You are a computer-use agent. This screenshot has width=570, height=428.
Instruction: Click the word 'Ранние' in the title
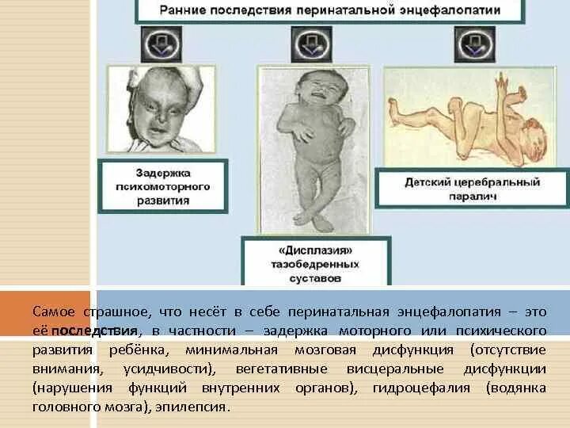[185, 11]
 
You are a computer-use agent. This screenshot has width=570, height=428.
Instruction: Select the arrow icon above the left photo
[161, 44]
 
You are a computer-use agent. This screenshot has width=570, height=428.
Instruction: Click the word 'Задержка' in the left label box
[162, 172]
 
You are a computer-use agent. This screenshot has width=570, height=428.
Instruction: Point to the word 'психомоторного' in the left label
[162, 186]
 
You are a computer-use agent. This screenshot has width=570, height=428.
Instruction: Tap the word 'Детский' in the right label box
[428, 182]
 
